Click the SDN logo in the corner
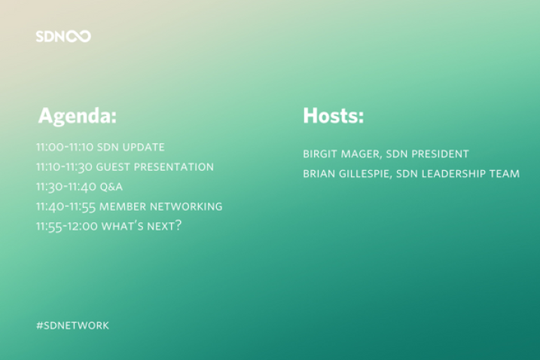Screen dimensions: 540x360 63,36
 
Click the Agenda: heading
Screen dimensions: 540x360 78,116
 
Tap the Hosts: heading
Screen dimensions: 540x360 334,115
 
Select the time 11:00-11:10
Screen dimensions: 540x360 65,147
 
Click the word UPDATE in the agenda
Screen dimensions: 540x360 144,147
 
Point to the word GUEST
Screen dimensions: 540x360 113,167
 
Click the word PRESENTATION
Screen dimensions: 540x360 173,167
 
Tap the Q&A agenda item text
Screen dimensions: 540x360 111,187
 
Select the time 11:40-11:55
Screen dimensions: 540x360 66,206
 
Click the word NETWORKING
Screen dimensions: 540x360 186,206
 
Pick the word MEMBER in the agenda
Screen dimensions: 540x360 123,206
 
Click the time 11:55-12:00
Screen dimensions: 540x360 67,227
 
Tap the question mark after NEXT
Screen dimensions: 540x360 178,226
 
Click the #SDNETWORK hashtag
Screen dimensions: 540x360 72,325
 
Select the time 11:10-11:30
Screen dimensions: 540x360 65,167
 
